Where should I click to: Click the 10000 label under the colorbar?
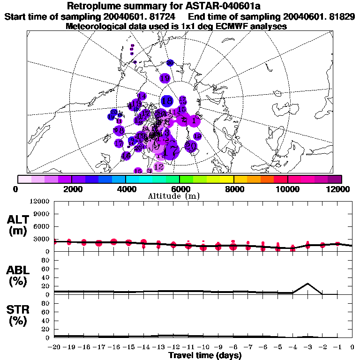[287, 189]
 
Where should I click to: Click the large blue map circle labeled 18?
[167, 101]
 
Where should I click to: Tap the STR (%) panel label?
[18, 315]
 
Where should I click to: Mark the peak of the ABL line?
[307, 283]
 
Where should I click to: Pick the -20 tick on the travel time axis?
[55, 347]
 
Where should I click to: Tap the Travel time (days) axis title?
[205, 355]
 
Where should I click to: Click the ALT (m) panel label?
[18, 225]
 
